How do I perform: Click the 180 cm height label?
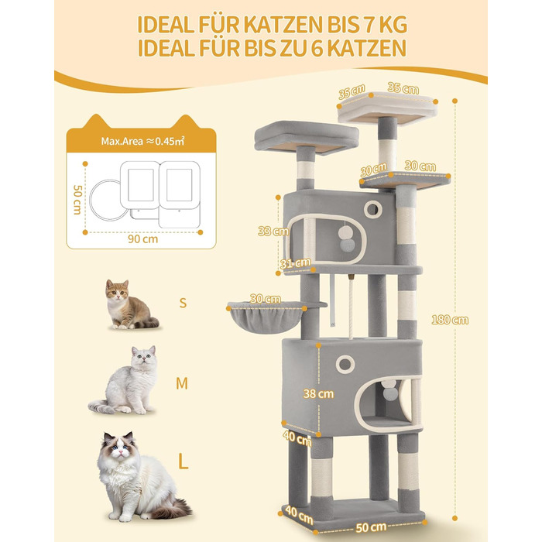point(450,320)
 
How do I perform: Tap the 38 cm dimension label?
point(318,393)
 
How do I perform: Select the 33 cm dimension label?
point(273,231)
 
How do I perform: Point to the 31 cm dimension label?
point(295,263)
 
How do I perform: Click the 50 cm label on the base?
point(371,527)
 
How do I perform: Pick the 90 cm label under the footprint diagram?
point(142,238)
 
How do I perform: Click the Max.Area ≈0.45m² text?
point(142,141)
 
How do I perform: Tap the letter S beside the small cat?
point(183,303)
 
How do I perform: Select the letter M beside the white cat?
point(182,383)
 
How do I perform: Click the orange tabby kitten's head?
point(117,290)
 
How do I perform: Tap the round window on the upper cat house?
point(372,209)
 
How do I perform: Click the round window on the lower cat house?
point(345,364)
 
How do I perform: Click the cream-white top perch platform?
point(387,108)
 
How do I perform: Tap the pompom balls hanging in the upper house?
point(347,238)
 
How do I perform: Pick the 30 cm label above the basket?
point(265,299)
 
